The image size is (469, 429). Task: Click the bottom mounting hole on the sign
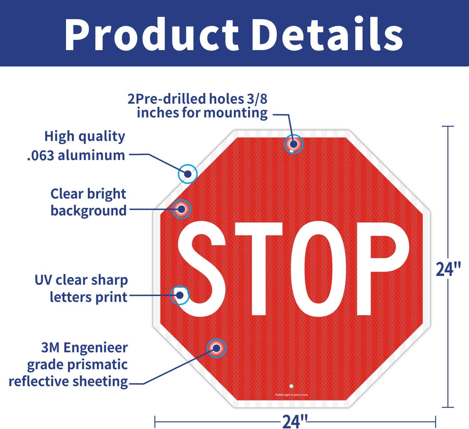coord(291,386)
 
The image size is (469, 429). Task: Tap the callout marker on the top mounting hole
coord(294,144)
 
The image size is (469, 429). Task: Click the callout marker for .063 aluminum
coord(188,173)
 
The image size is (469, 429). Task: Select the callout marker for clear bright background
coord(181,209)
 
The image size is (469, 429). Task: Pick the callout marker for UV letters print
coord(180,295)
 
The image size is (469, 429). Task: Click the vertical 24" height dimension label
coord(448,269)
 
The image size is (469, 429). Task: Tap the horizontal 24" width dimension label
coord(295,421)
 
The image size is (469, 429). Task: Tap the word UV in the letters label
coord(43,280)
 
